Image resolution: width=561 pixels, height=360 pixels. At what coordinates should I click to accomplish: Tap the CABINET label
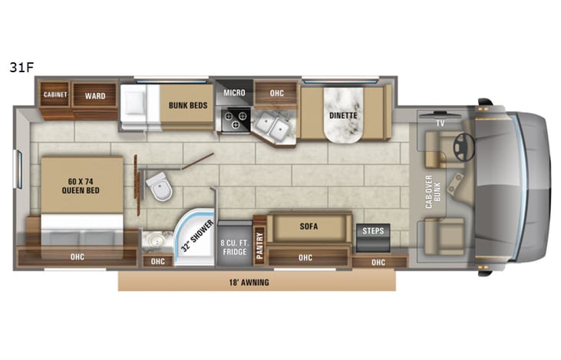(x=54, y=95)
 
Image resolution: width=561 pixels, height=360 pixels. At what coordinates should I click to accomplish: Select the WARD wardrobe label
(x=95, y=96)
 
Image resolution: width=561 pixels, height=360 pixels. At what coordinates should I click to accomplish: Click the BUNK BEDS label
(x=186, y=107)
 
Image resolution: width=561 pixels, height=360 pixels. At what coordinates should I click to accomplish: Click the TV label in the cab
(x=440, y=122)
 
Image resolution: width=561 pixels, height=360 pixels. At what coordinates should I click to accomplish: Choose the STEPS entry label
(x=373, y=230)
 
